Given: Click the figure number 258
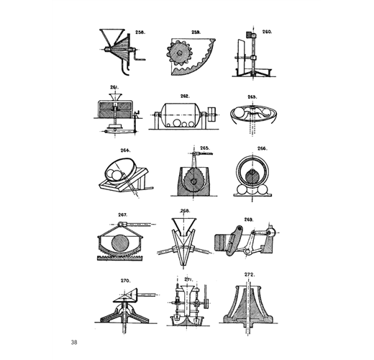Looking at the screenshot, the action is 140,32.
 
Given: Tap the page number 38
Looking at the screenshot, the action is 74,342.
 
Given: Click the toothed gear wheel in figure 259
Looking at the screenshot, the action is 178,53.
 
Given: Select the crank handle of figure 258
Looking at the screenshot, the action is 139,55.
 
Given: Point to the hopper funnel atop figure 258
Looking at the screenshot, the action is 112,37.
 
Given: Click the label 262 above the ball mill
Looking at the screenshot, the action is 185,96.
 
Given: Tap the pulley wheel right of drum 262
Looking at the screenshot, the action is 212,114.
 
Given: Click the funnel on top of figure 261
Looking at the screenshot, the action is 116,97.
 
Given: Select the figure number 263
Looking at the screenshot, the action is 252,97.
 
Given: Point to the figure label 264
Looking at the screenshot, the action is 125,150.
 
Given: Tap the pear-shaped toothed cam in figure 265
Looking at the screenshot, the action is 194,179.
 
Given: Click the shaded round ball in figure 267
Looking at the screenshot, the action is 120,243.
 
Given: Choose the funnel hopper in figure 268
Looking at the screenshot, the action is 184,226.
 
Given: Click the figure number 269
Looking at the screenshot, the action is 249,220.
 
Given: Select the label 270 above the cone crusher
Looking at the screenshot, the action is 125,281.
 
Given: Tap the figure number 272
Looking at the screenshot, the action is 250,274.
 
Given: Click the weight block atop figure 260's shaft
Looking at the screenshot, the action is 252,35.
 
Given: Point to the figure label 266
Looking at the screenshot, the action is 263,148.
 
